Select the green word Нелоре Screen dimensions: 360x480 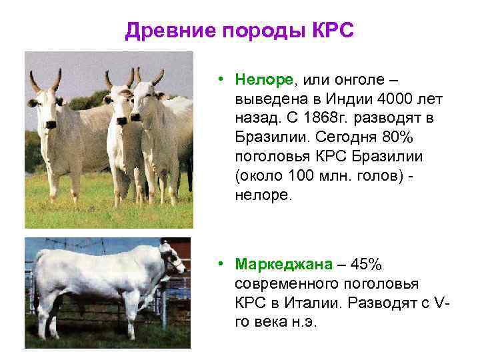pos(264,80)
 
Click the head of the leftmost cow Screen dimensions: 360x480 pos(45,107)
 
